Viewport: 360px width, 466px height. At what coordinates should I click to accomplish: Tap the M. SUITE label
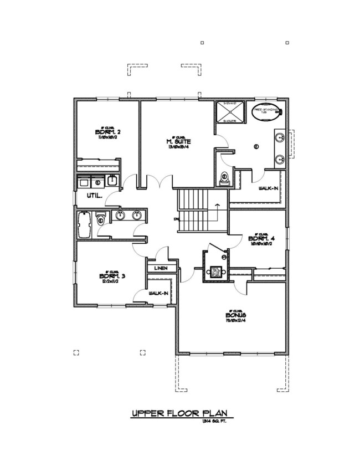coord(178,141)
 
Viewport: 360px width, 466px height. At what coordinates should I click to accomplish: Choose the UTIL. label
coord(87,196)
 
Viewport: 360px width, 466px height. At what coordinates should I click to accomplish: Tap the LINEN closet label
coord(161,269)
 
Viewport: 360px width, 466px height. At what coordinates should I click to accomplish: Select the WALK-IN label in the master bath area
coord(268,188)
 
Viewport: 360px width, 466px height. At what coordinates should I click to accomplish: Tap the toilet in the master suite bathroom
coord(224,178)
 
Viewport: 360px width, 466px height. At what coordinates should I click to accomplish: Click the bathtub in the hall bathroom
coord(85,224)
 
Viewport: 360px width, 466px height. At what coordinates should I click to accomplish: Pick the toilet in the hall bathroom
coord(100,217)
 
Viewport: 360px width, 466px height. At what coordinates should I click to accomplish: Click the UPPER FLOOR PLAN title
coord(179,414)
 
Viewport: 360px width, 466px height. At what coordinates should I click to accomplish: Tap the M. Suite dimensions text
coord(178,147)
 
